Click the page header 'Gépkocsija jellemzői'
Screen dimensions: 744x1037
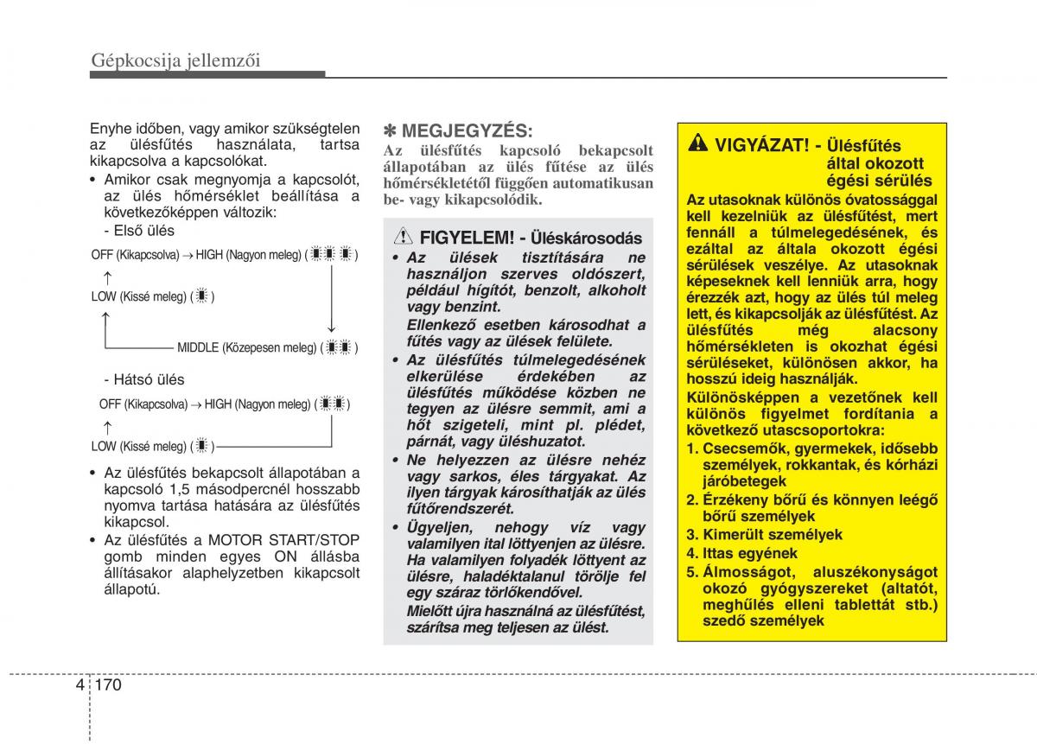point(175,59)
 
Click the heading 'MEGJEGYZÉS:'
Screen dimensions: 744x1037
point(468,130)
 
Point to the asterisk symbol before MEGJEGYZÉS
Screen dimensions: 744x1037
point(391,130)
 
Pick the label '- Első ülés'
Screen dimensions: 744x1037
point(138,231)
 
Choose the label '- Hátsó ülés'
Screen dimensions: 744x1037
point(143,379)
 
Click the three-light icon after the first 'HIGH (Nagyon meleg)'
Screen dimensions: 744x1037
point(332,255)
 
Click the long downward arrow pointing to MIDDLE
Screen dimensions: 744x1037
point(331,298)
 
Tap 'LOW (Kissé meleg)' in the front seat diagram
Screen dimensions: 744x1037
point(141,296)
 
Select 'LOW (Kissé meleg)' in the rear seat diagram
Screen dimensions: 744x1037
point(141,446)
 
